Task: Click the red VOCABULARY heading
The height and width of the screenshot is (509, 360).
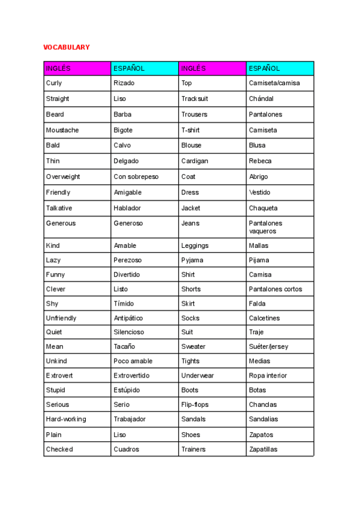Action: coord(66,47)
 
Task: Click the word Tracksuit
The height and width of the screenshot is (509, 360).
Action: coord(194,98)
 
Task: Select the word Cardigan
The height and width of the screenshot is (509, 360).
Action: coord(195,161)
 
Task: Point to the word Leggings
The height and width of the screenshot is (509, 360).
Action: coord(195,245)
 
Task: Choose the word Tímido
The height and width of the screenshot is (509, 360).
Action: coord(124,304)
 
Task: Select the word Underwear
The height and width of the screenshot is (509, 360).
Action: coord(198,375)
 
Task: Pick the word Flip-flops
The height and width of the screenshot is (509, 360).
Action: coord(195,405)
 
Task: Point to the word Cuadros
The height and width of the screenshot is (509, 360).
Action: coord(126,449)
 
